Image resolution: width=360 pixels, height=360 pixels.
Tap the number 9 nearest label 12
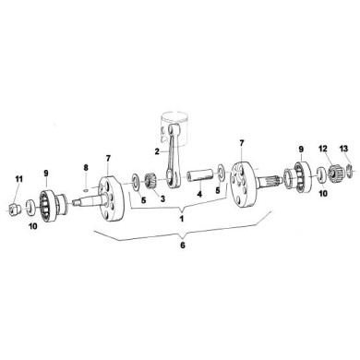coord(299,148)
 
